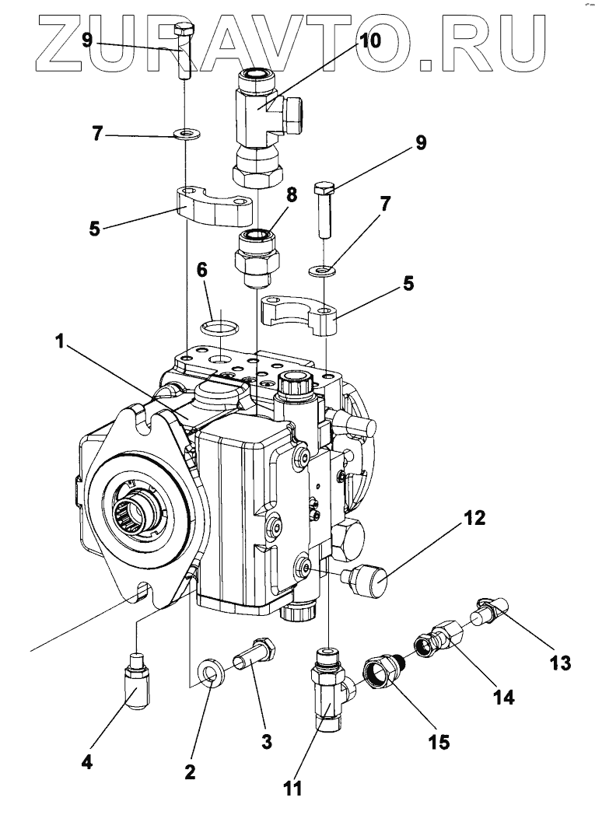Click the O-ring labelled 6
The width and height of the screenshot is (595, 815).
[x=221, y=328]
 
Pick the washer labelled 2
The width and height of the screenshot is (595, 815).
[x=212, y=673]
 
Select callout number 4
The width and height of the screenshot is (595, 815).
[x=87, y=762]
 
